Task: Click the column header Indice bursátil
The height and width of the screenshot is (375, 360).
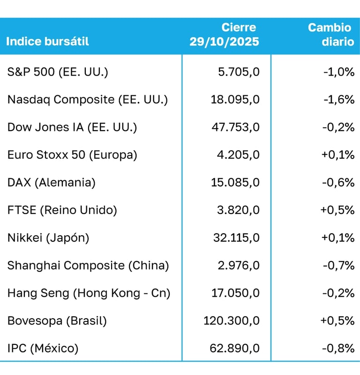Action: point(48,41)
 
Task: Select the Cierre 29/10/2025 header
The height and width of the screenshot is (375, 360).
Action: point(225,35)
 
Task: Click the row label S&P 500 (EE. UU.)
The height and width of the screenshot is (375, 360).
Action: point(58,72)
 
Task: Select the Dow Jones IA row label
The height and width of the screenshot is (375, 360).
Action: point(72,127)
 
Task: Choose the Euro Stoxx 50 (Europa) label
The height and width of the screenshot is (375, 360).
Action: point(72,155)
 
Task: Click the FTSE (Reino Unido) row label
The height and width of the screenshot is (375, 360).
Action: point(62,210)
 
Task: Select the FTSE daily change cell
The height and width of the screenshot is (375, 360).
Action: point(337,210)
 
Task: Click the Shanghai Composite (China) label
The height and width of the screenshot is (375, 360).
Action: point(88,266)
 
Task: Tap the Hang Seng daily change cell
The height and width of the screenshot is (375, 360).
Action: point(338,293)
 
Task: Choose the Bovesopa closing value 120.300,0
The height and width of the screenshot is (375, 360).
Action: point(231,321)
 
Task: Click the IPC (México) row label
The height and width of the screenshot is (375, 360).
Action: point(43,349)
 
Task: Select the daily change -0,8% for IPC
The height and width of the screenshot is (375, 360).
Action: point(338,349)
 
